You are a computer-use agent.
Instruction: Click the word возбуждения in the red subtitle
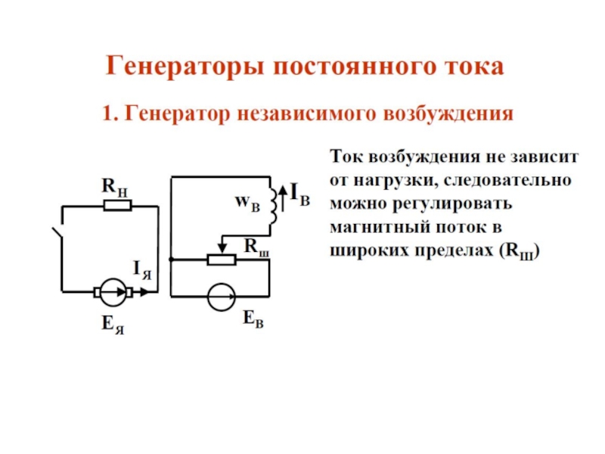pos(448,114)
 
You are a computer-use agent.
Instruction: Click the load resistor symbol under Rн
pos(118,205)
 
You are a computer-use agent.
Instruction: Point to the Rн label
pos(115,187)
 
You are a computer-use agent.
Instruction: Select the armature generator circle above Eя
pos(113,292)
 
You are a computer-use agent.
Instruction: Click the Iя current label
pos(142,270)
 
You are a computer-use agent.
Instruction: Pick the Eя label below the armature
pos(113,325)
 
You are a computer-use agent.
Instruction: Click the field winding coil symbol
pos(273,206)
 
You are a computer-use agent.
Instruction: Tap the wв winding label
pos(247,202)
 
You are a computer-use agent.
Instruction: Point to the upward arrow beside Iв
pos(283,197)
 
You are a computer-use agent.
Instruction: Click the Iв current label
pos(299,194)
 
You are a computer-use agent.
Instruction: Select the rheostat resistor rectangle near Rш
pos(222,260)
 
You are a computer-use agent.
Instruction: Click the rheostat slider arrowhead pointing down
pos(222,247)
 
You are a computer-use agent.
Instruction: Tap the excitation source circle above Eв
pos(221,297)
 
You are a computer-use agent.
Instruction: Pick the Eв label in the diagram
pos(253,319)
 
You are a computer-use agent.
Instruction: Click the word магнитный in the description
pos(380,227)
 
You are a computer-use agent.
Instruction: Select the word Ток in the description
pos(347,157)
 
